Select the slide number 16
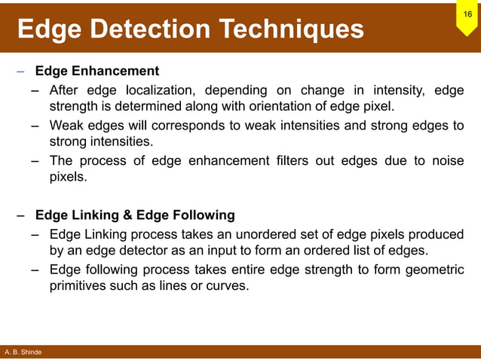[467, 14]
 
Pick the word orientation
[297, 107]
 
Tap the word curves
[228, 286]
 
